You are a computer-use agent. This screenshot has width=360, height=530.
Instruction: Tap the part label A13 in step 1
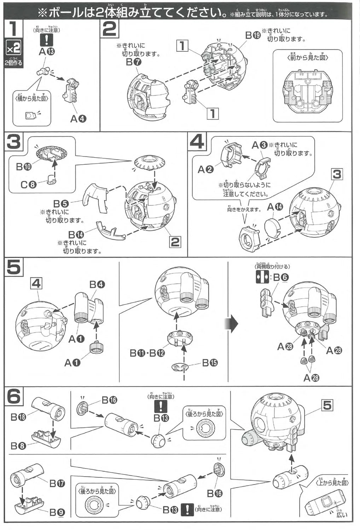coord(47,52)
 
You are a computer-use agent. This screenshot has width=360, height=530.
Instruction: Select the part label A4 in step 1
coord(78,119)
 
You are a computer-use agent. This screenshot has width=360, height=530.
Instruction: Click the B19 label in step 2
coord(253,35)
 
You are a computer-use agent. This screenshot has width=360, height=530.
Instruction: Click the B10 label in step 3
coord(24,166)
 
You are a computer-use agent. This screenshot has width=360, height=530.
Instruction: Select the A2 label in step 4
coord(205,169)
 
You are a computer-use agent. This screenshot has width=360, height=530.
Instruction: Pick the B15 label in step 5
coord(210,363)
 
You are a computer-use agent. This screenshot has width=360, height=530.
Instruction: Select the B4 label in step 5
coord(97,284)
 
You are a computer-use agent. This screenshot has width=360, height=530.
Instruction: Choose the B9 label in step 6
coord(57,512)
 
